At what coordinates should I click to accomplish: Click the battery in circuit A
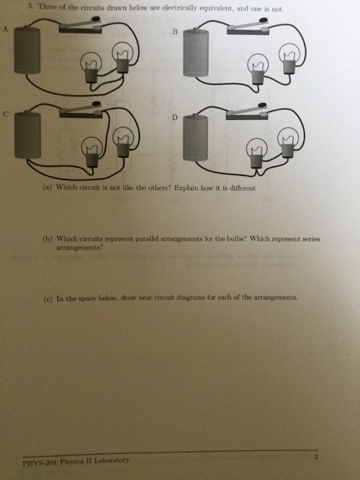pos(27,50)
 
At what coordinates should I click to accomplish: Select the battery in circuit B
pos(196,52)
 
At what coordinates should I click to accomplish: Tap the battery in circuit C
pos(27,135)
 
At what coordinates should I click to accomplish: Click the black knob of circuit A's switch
pos(96,19)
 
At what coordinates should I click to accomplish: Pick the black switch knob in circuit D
pos(262,106)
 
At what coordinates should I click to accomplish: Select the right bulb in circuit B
pos(289,58)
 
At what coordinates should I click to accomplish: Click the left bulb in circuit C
pos(92,152)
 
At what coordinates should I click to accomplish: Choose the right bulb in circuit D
pos(288,143)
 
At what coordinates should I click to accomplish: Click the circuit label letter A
pos(5,29)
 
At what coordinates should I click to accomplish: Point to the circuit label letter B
pos(175,32)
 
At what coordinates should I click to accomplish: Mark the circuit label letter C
pos(5,114)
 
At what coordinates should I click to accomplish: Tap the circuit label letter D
pos(174,117)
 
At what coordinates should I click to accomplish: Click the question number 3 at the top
pos(30,5)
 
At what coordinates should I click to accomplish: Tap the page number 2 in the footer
pos(316,457)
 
